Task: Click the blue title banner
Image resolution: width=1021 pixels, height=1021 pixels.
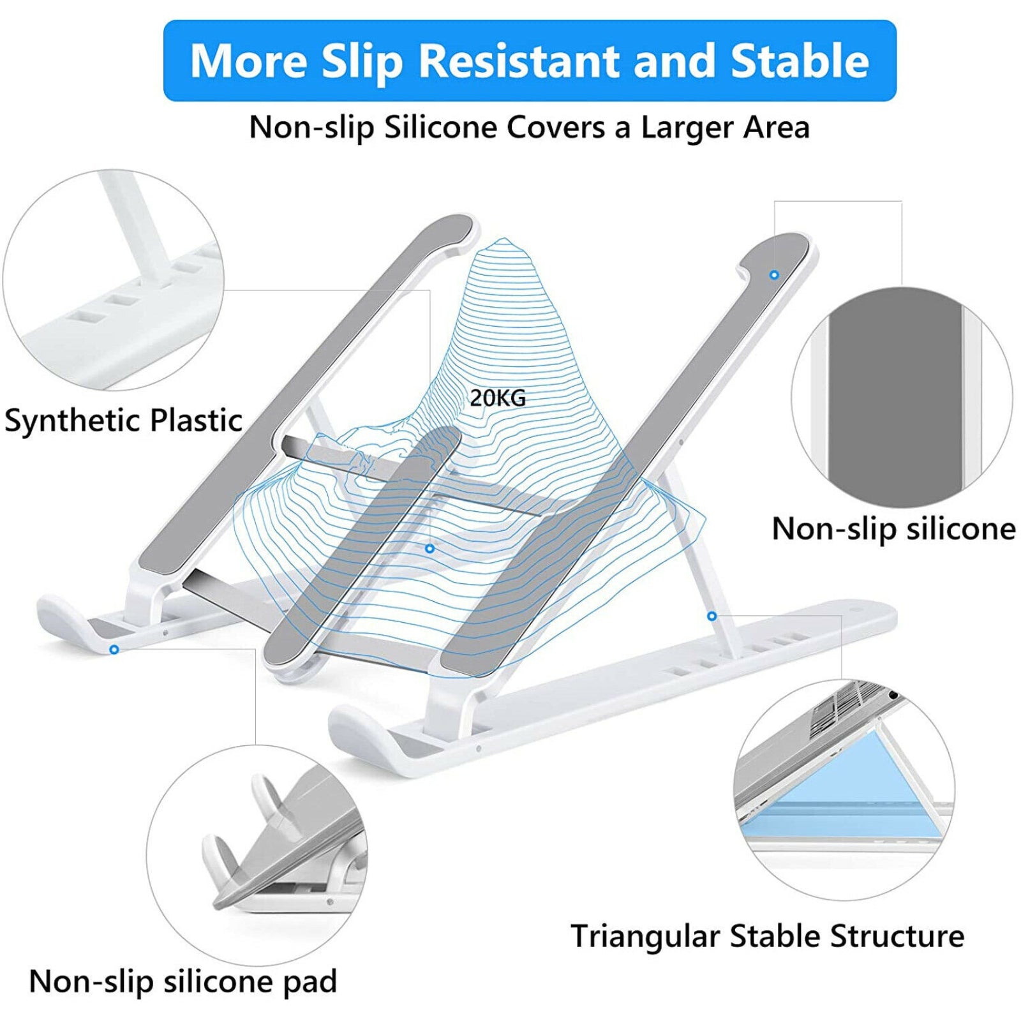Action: point(530,61)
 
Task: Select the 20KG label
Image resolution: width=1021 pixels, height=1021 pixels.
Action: point(498,398)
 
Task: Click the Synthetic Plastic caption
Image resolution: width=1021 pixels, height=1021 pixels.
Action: point(123,421)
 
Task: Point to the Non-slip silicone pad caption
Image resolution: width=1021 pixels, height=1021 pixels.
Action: point(183,981)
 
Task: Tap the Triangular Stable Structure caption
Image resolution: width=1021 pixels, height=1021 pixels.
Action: point(767,937)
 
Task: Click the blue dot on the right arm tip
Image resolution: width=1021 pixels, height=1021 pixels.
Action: point(774,275)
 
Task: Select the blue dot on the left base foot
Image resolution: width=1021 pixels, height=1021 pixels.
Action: point(114,650)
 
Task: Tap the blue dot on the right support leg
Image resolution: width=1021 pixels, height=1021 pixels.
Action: point(712,616)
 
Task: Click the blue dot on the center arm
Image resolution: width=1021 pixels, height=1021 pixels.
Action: point(429,549)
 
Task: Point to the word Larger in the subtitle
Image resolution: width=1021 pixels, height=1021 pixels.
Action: point(688,128)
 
